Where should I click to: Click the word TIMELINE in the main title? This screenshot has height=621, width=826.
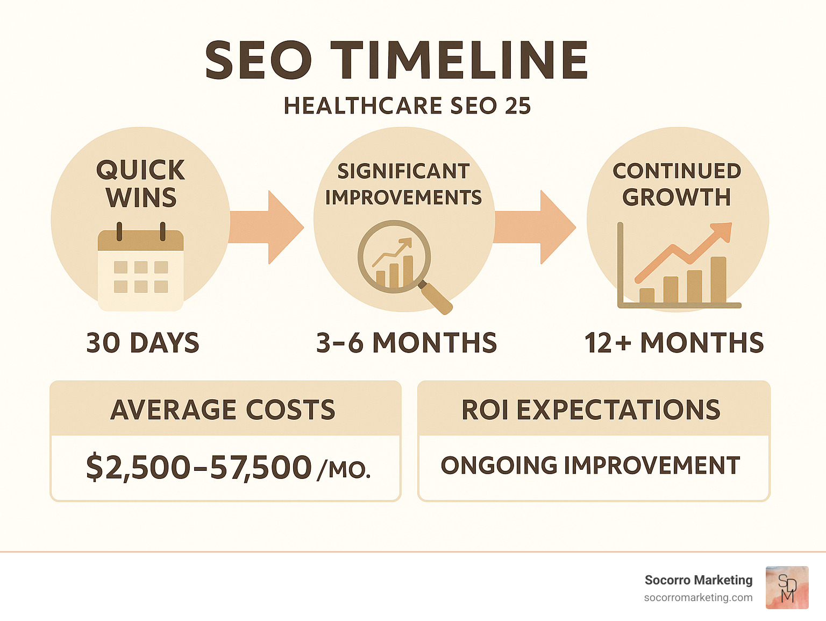click(x=459, y=60)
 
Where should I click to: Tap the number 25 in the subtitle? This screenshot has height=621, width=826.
click(x=518, y=106)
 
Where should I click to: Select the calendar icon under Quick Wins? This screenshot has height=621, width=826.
click(x=141, y=269)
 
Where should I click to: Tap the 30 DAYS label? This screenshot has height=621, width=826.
click(x=143, y=343)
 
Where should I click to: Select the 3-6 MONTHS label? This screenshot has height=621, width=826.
click(x=407, y=343)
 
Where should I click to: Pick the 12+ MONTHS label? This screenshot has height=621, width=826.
click(x=674, y=343)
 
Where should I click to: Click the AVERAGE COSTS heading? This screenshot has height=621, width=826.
click(x=223, y=410)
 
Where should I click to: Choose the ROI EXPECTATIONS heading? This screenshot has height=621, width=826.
click(x=591, y=410)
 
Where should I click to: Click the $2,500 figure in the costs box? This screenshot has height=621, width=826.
click(x=138, y=467)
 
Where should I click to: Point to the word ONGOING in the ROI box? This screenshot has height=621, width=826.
click(x=499, y=465)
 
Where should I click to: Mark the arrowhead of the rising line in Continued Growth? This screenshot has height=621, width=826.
click(x=723, y=230)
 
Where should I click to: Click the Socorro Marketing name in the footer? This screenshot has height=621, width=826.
click(x=699, y=580)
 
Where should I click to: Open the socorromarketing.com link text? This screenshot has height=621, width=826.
click(x=698, y=597)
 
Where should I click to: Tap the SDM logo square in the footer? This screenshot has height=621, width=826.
click(x=787, y=588)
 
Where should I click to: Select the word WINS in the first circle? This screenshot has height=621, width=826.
click(x=141, y=198)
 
